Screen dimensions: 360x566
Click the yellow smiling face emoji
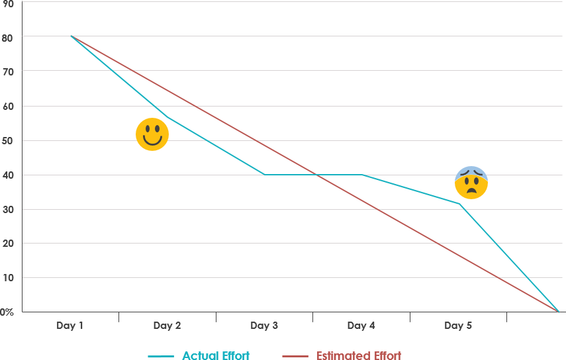click(x=152, y=134)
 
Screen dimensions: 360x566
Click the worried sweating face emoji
click(x=471, y=183)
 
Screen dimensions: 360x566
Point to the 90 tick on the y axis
click(x=7, y=3)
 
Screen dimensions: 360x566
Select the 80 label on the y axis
click(x=7, y=37)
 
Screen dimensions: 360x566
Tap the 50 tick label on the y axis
click(x=7, y=140)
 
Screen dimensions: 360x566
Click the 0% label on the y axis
click(x=7, y=312)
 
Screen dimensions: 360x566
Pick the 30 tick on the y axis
click(x=7, y=209)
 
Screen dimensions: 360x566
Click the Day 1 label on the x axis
click(x=70, y=326)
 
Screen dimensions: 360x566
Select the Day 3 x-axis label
click(x=264, y=326)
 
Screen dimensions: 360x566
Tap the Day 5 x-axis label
click(x=458, y=326)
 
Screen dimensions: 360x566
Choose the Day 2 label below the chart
click(x=167, y=326)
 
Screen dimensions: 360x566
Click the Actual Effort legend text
click(x=216, y=356)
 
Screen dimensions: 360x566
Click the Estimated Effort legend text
click(x=358, y=356)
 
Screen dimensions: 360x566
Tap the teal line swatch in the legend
click(x=161, y=356)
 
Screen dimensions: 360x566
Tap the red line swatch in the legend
click(x=295, y=356)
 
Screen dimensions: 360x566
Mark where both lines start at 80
click(x=71, y=36)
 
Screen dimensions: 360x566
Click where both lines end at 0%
click(x=558, y=311)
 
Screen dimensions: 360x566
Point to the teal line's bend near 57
click(x=167, y=117)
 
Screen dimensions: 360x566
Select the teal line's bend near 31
click(x=459, y=203)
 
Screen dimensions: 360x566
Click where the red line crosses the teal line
click(x=316, y=175)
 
